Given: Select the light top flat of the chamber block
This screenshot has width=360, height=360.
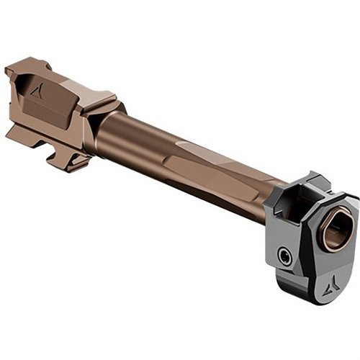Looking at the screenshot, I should point(68,81).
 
